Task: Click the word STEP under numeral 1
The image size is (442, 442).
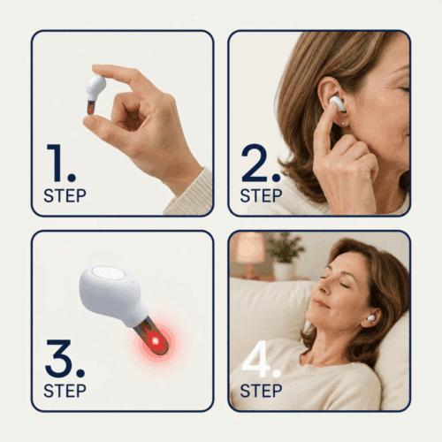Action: coord(65,195)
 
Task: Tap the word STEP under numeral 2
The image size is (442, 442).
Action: coord(261,195)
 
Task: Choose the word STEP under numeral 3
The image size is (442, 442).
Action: coord(65,391)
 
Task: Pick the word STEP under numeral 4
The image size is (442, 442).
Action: coord(261,391)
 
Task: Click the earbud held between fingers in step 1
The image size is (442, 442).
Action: coord(95,93)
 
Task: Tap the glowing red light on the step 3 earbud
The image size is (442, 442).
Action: coord(155,341)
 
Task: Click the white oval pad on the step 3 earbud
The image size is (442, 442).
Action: coord(108,273)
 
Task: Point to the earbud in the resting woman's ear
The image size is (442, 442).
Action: coord(370,318)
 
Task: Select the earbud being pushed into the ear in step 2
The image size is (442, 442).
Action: coord(338,103)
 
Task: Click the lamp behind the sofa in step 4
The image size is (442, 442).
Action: coord(250,253)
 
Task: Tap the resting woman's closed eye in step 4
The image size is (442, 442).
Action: coord(343,284)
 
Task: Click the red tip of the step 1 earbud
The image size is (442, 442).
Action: coord(90,110)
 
